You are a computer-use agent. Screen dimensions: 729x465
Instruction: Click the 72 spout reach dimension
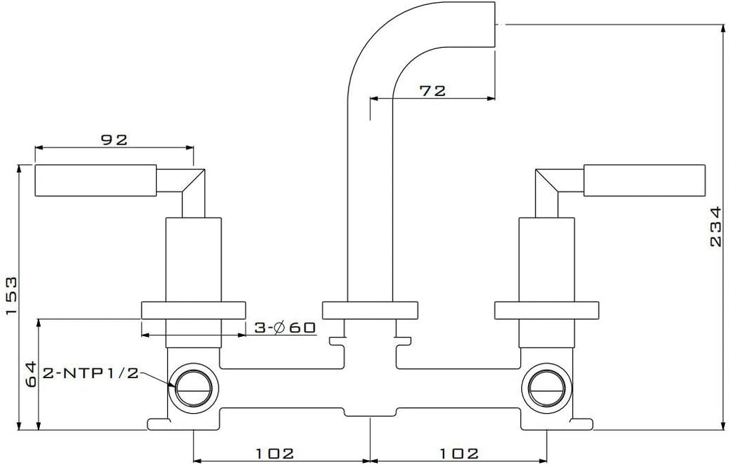coord(432,90)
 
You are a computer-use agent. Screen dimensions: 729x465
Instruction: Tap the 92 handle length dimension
coord(115,140)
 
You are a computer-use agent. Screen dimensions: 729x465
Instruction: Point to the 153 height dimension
coord(11,296)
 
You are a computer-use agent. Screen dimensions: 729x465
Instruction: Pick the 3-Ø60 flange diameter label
coord(285,328)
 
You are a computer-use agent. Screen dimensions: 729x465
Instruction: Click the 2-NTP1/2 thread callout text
coord(91,373)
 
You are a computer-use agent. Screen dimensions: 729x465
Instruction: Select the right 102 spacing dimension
coord(459,453)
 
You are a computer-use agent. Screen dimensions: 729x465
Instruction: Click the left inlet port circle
coord(194,387)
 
